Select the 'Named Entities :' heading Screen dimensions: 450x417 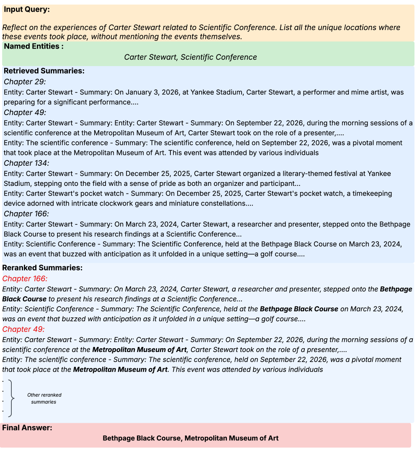pyautogui.click(x=33, y=46)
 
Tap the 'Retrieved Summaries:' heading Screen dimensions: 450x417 pyautogui.click(x=44, y=71)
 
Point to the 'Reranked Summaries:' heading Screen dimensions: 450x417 pyautogui.click(x=42, y=267)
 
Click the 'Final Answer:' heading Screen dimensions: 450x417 pyautogui.click(x=27, y=428)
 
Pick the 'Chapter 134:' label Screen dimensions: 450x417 pyautogui.click(x=26, y=163)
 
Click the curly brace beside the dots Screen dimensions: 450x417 pyautogui.click(x=12, y=398)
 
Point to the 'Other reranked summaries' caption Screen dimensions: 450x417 pyautogui.click(x=44, y=399)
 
